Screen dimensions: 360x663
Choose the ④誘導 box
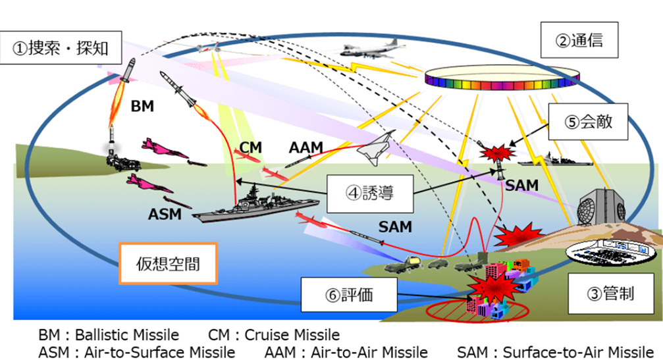coord(369,193)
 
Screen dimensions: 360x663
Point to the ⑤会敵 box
coord(587,122)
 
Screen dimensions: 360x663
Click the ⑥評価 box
coord(349,294)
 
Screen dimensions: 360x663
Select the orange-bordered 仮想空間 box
coord(167,265)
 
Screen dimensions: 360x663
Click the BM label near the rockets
coord(142,105)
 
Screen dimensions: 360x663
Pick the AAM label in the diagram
coord(305,147)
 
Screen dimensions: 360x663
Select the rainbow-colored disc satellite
coord(494,80)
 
